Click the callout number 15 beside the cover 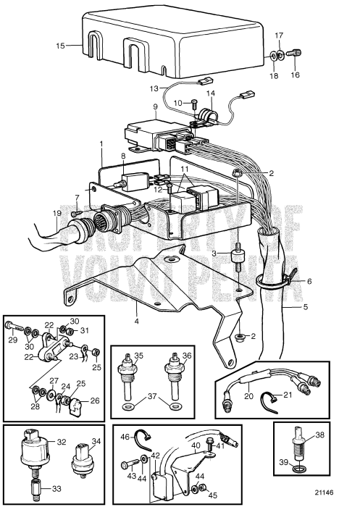tap(61, 46)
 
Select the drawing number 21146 tap(324, 493)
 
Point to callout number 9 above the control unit tap(155, 106)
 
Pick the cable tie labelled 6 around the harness tap(275, 280)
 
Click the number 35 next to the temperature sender tap(139, 356)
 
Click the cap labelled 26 tap(75, 407)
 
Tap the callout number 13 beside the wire tap(154, 88)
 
